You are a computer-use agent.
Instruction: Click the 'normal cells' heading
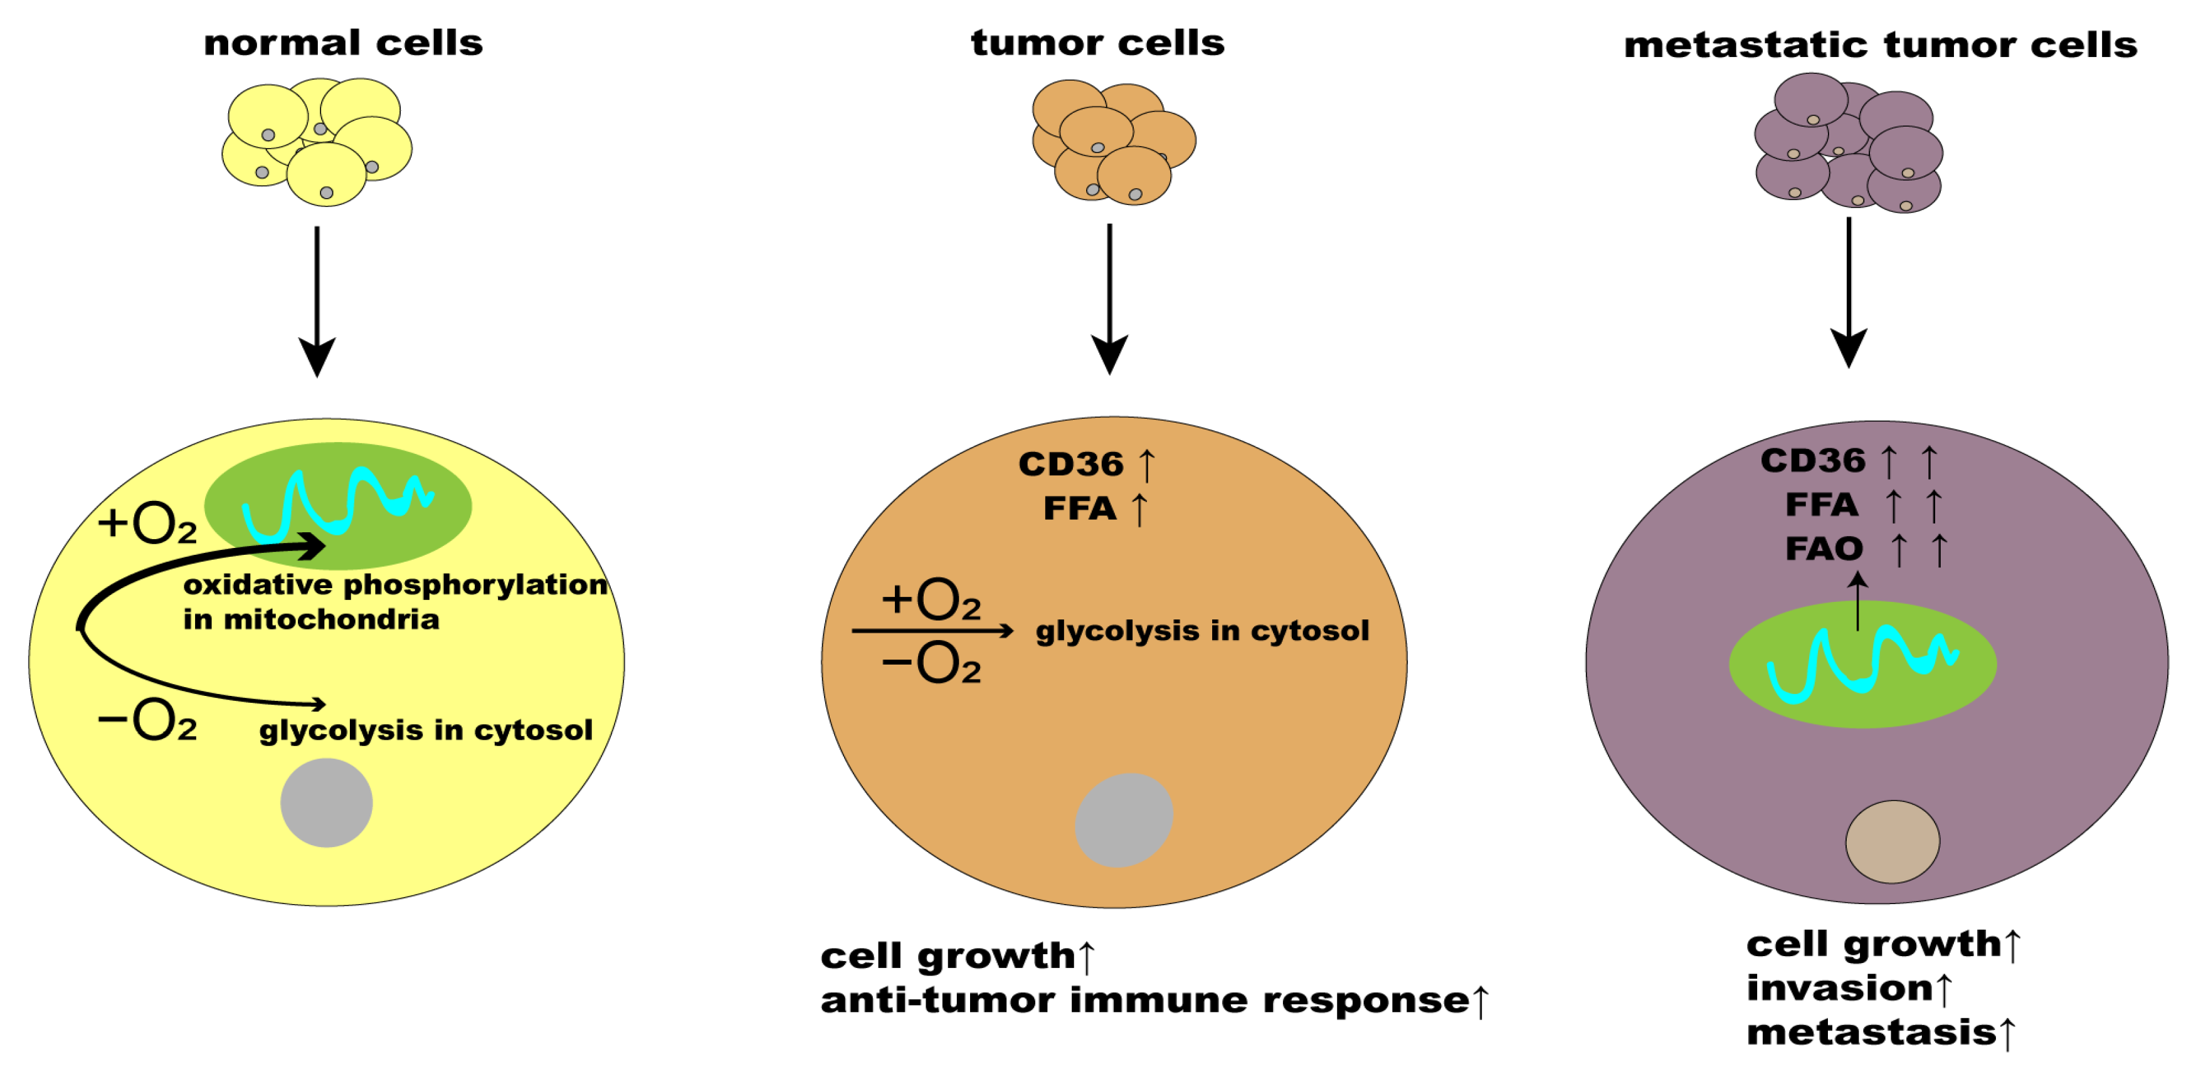[343, 43]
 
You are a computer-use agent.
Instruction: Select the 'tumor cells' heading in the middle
[1097, 43]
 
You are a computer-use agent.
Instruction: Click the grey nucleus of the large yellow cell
[327, 803]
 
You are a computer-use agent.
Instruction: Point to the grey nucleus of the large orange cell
[1124, 820]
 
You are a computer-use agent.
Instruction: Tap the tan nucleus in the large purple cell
[1893, 841]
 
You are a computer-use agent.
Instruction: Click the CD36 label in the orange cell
[1071, 464]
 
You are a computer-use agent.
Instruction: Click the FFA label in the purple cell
[1821, 505]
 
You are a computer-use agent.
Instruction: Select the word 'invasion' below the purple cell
[1839, 988]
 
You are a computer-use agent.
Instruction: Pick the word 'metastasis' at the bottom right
[1871, 1033]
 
